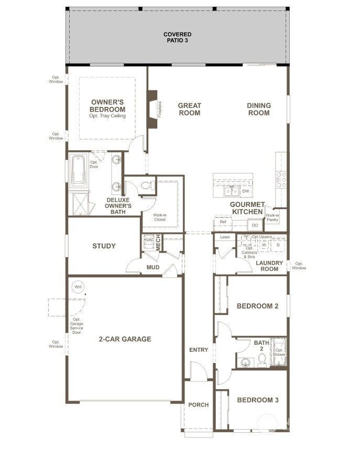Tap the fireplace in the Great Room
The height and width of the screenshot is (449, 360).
tap(152, 109)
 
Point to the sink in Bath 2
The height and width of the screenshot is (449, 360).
tap(245, 362)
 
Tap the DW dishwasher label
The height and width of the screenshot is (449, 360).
tap(245, 191)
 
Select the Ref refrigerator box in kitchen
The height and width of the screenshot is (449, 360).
tap(223, 222)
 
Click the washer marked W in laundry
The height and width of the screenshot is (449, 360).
tap(264, 245)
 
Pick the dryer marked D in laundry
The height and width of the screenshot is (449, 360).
tap(278, 245)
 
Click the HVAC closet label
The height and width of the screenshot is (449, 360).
tap(148, 239)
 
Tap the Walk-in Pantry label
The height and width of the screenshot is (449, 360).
tap(272, 217)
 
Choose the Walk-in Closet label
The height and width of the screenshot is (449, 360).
tap(160, 217)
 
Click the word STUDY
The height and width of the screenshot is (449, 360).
tap(104, 246)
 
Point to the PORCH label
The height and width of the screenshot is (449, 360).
tap(199, 404)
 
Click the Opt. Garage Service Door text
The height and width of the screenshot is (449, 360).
tap(77, 326)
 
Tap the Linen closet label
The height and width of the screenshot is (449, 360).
tap(225, 237)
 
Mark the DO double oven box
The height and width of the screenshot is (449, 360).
tap(255, 225)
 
